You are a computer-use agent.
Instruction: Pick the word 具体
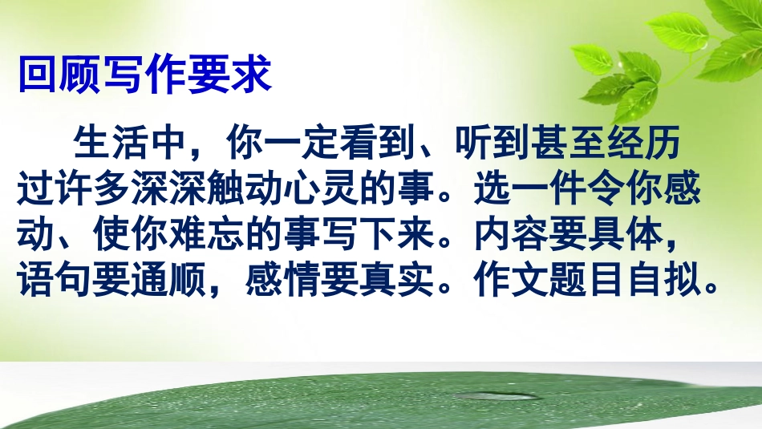click(659, 237)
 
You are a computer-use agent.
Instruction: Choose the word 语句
click(56, 283)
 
